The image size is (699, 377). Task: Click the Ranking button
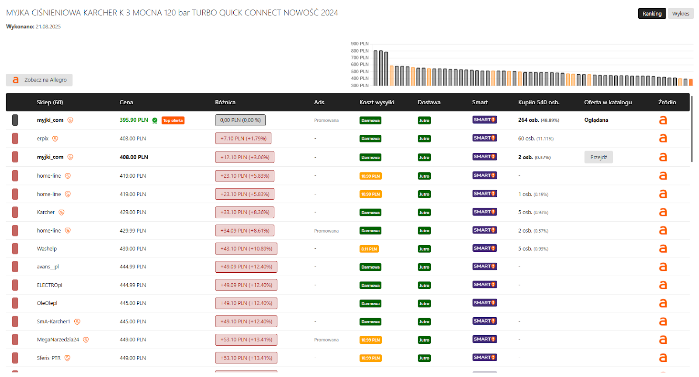(x=652, y=14)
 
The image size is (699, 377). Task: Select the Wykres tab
(x=681, y=14)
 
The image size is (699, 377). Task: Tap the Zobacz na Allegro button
(x=39, y=80)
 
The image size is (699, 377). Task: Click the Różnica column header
(x=225, y=102)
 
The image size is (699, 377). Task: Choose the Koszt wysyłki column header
(x=377, y=102)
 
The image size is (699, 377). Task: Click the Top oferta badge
(x=173, y=120)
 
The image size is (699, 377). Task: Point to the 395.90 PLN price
(x=134, y=120)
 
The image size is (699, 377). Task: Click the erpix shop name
(x=43, y=139)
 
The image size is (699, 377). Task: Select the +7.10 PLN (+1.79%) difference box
(x=243, y=138)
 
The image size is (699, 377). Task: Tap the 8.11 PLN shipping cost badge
(x=369, y=249)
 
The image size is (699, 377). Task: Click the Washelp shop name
(x=47, y=249)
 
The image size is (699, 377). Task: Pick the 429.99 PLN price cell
(x=133, y=230)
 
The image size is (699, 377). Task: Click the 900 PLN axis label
(x=360, y=44)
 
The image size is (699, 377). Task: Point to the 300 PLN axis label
(x=360, y=86)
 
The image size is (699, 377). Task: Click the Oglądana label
(x=596, y=120)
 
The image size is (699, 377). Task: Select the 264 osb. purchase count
(x=529, y=120)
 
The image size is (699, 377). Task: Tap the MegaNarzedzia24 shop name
(x=58, y=339)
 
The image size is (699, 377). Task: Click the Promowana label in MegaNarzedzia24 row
(x=326, y=339)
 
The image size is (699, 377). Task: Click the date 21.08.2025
(x=48, y=27)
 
